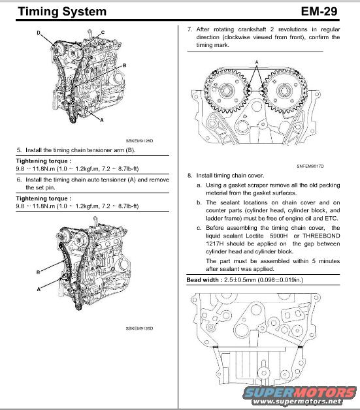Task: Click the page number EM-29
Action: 319,11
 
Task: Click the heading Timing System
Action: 62,12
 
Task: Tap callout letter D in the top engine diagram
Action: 39,33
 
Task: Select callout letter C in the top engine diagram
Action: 103,32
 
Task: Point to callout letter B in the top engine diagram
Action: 125,65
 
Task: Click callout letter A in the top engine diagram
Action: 102,120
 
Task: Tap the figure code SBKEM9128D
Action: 139,140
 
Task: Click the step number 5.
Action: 19,150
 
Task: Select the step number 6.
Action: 19,180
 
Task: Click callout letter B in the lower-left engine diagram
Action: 38,272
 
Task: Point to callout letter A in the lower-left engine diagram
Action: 39,289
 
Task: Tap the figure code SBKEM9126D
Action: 139,328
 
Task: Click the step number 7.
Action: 189,29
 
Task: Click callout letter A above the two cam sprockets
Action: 257,62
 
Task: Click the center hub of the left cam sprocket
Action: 226,91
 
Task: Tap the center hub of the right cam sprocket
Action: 284,91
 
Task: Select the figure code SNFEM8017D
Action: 310,166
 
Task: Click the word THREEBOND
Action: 321,236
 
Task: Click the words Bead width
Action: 203,280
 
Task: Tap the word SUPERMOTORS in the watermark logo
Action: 300,392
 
